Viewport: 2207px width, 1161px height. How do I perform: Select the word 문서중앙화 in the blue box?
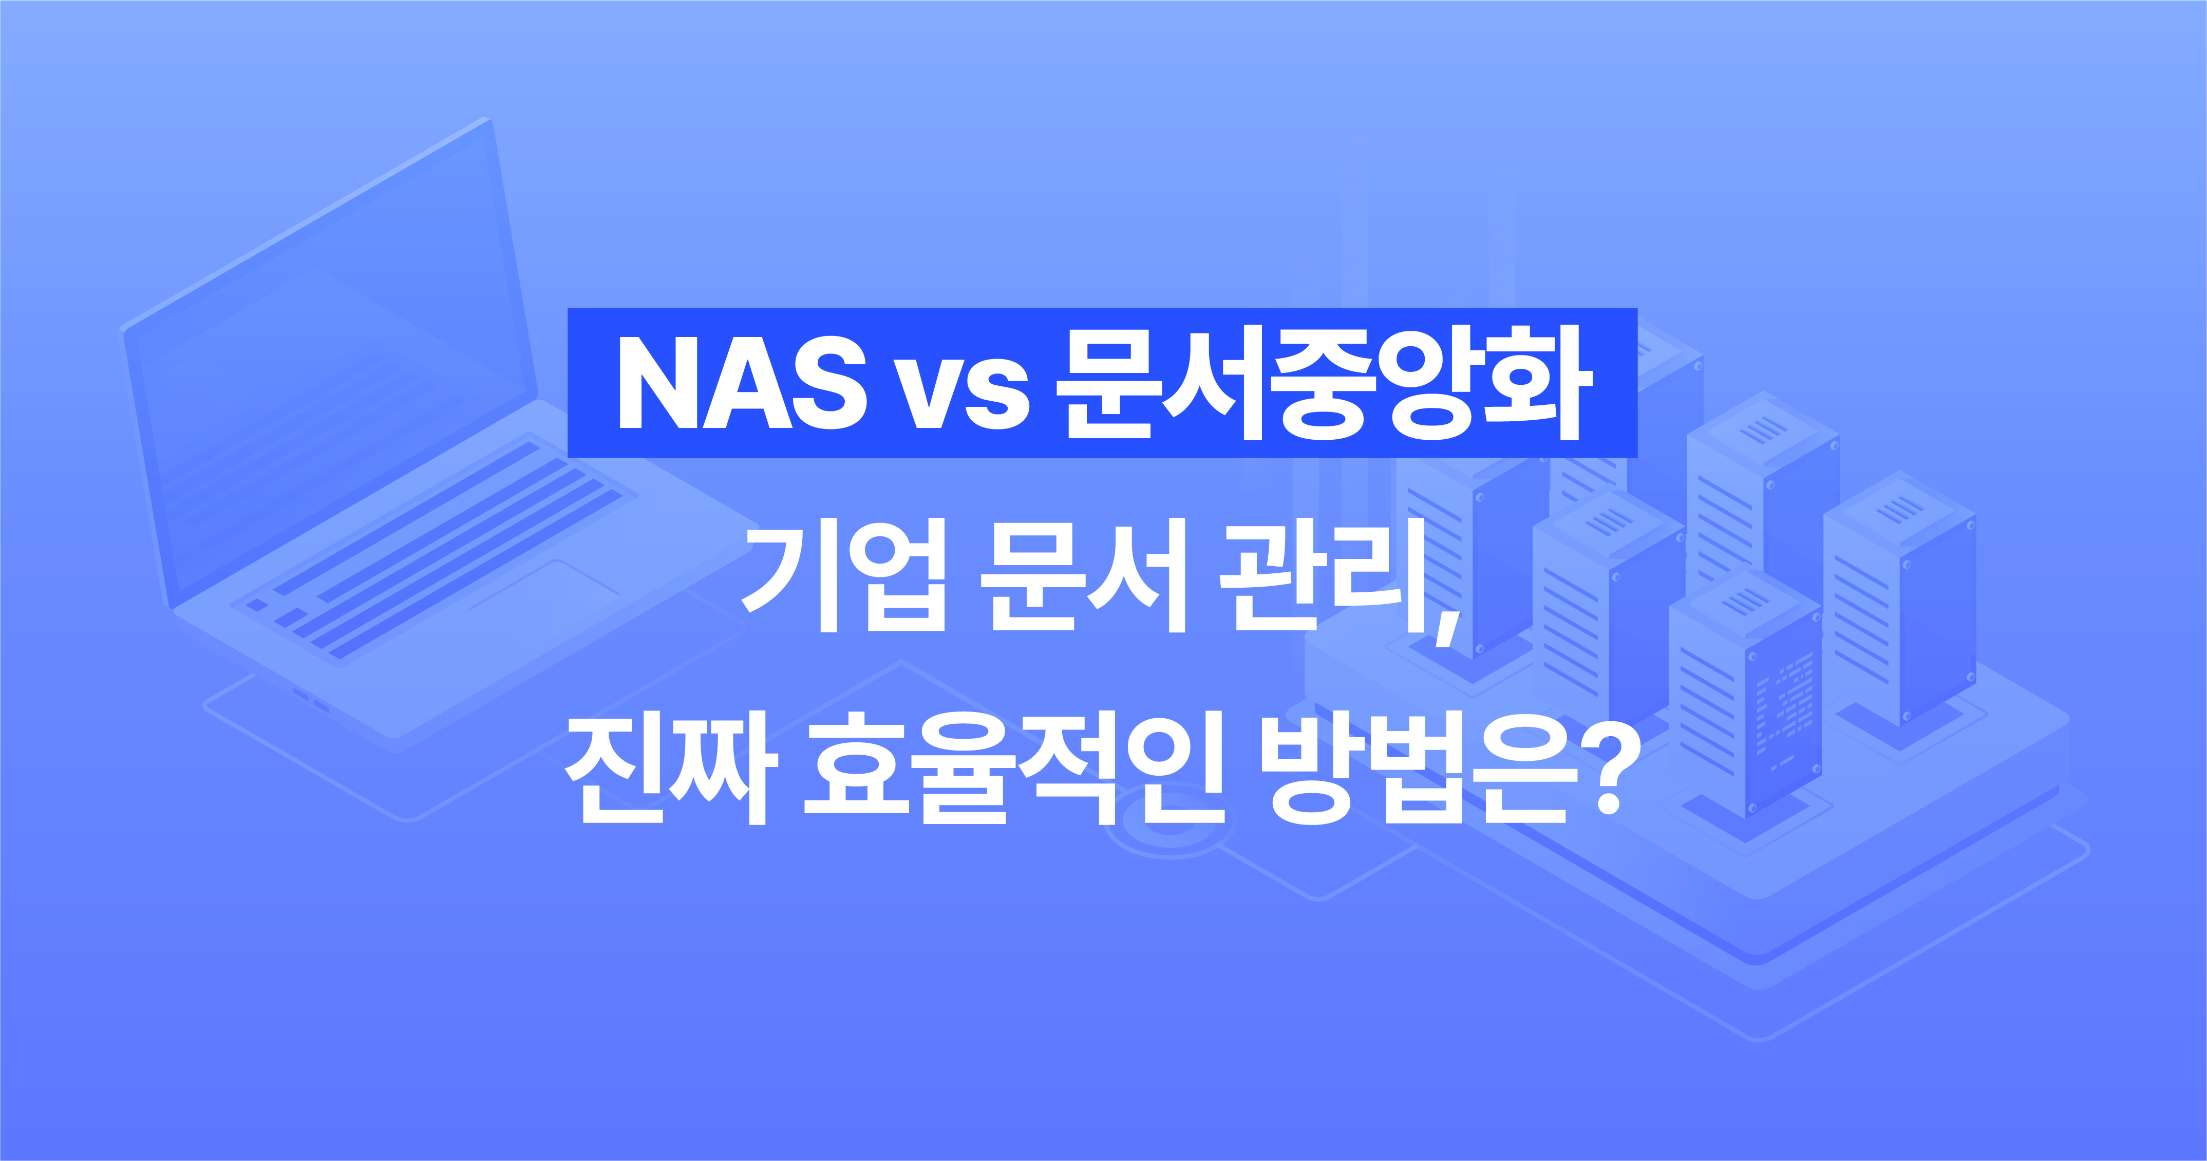point(1324,383)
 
